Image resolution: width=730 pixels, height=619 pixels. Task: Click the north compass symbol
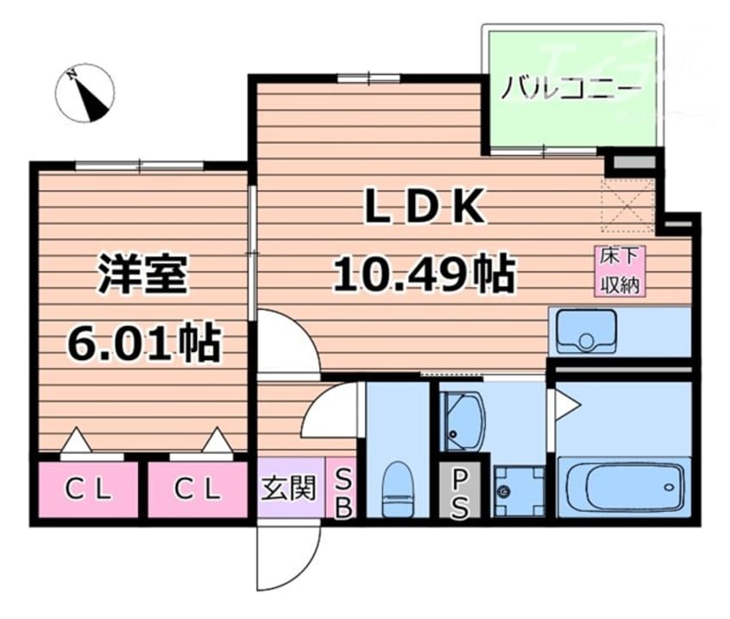coord(85,92)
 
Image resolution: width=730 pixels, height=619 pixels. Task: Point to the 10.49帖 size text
coord(425,275)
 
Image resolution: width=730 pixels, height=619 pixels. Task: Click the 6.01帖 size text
coord(143,343)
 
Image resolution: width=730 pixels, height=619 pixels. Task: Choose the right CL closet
coord(198,490)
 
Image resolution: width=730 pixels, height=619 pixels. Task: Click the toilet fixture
coord(398,488)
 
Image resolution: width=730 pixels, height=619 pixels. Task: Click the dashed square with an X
coord(627,205)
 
